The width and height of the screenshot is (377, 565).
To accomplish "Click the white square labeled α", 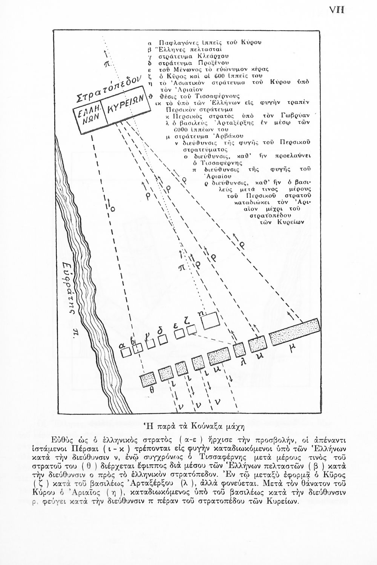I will [126, 352].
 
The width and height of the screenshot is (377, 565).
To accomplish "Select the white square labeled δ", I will [163, 339].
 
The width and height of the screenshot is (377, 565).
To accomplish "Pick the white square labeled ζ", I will [192, 330].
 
